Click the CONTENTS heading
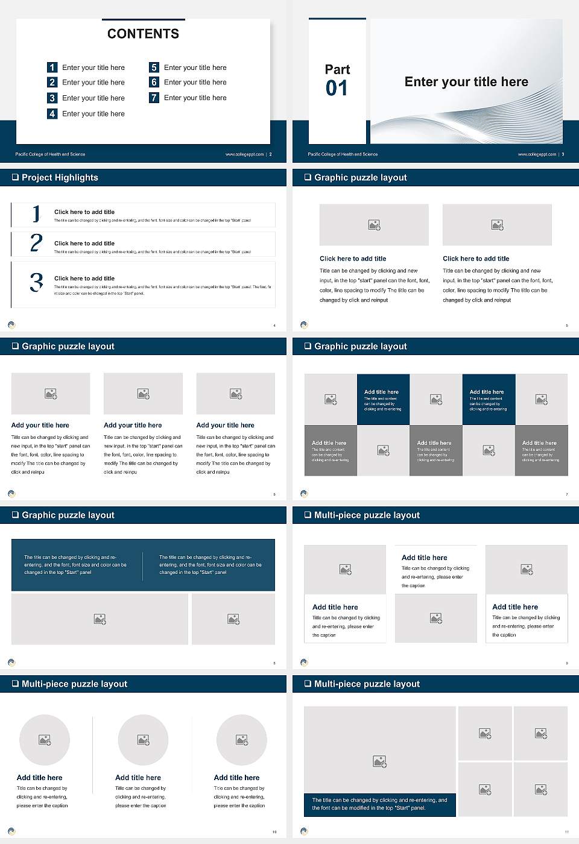point(143,34)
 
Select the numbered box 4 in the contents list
point(52,113)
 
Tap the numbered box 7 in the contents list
point(154,98)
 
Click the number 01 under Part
point(337,89)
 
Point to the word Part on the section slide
point(337,69)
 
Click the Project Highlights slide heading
point(60,177)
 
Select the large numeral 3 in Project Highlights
point(36,282)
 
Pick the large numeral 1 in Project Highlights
point(36,213)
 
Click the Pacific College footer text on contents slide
point(50,154)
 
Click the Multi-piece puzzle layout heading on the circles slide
point(74,684)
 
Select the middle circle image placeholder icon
point(143,740)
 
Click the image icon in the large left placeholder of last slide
point(379,762)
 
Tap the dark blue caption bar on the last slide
point(379,804)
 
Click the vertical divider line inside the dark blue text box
point(143,565)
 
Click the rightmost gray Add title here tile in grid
point(541,450)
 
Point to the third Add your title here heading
point(225,425)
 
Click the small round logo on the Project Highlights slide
point(11,324)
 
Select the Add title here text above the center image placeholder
point(425,558)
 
